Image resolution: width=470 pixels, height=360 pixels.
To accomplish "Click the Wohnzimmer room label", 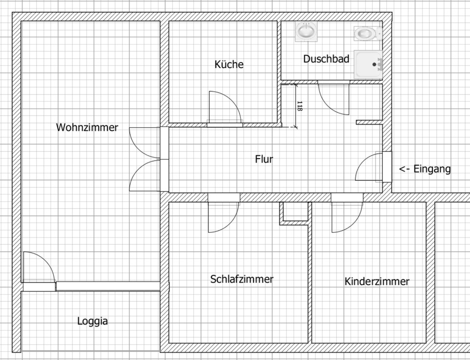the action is [x=87, y=127].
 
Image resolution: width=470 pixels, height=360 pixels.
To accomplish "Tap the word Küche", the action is [x=229, y=64].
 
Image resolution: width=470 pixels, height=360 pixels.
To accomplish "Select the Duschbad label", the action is [x=326, y=59].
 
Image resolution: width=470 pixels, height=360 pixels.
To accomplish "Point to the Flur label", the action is [x=264, y=159].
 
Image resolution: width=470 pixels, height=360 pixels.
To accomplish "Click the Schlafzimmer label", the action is [x=241, y=279].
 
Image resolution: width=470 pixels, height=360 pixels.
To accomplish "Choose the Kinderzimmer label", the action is [x=376, y=282].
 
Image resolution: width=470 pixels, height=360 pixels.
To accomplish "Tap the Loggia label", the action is [x=93, y=321].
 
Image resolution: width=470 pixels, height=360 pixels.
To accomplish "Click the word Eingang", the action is [x=432, y=169].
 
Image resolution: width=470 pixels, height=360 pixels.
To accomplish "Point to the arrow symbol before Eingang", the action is [x=404, y=169].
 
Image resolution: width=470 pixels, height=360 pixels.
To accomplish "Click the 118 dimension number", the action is [x=299, y=106].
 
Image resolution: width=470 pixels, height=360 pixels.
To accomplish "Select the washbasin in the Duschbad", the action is [x=306, y=32].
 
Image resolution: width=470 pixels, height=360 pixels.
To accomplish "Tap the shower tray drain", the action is [x=375, y=64].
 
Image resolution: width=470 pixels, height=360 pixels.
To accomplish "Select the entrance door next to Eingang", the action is [x=371, y=168].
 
